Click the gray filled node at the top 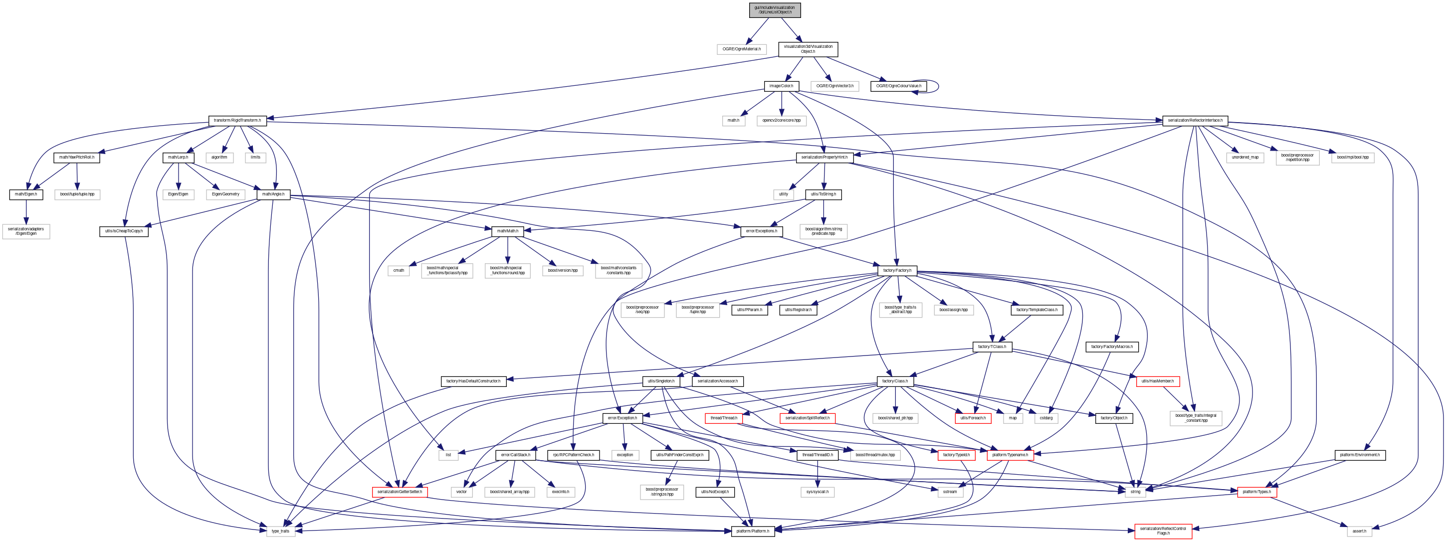click(775, 10)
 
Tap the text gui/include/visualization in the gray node click(775, 7)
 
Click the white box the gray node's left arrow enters click(742, 49)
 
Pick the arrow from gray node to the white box click(757, 30)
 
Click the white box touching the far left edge click(26, 232)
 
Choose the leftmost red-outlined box click(400, 492)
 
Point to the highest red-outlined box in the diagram click(1158, 381)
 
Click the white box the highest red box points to click(1196, 418)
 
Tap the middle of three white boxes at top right click(1297, 158)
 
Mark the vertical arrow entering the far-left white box click(26, 212)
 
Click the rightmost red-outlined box click(1257, 492)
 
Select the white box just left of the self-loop click(834, 86)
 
